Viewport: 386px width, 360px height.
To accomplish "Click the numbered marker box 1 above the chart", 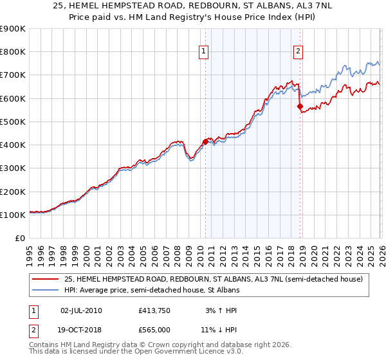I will click(x=203, y=52).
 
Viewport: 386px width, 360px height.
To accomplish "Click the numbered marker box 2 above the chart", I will click(x=299, y=52).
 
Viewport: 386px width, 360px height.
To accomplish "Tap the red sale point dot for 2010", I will click(x=205, y=141).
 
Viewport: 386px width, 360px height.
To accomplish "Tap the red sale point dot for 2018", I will click(x=300, y=107).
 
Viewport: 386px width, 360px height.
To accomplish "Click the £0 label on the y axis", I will click(x=19, y=238).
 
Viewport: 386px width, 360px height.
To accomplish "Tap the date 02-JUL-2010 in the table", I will click(x=80, y=310).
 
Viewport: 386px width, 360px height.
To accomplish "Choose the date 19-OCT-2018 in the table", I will click(x=80, y=330).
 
